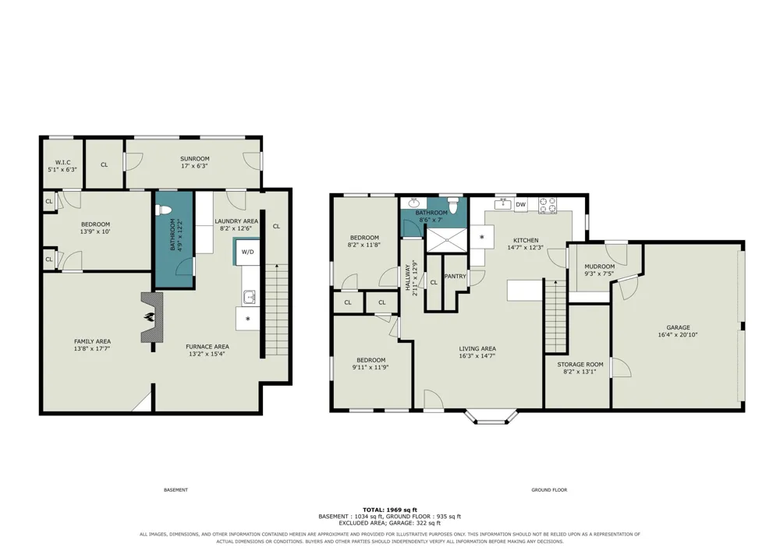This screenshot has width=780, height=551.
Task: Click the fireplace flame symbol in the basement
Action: tap(148, 317)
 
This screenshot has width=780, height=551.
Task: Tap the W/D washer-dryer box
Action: tap(247, 252)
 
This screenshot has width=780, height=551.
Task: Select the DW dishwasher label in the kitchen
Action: tap(520, 204)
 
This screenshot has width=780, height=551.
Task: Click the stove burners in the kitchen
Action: tap(548, 205)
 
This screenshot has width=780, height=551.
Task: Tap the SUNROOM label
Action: tap(194, 159)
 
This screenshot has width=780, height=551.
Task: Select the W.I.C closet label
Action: tap(62, 162)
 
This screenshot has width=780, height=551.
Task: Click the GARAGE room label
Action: tap(678, 327)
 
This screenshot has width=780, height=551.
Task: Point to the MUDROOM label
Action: tap(599, 267)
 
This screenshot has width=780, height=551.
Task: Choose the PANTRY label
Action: tap(455, 276)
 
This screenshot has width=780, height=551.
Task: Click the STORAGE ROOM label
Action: tap(580, 364)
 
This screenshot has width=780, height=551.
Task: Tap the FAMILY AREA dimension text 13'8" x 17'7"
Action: tap(92, 349)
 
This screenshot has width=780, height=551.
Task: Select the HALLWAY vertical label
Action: tap(407, 281)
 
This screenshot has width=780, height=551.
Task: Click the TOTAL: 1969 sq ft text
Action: tap(390, 510)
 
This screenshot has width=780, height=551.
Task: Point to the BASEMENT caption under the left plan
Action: tap(175, 490)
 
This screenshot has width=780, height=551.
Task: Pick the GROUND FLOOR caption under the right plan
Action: tap(549, 490)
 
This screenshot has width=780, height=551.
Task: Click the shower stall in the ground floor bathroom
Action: tap(447, 239)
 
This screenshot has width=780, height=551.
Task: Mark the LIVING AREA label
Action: tap(477, 349)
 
